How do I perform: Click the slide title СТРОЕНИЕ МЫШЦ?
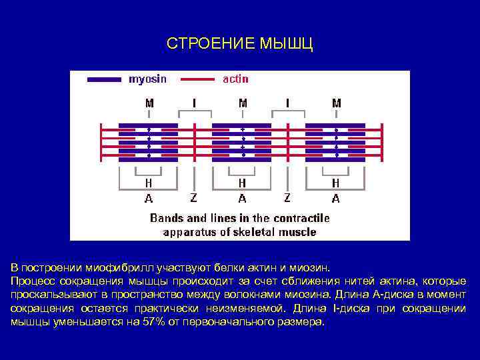coord(239,44)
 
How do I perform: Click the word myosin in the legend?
coord(147,79)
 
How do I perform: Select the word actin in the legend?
coord(235,79)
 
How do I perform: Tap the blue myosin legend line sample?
coord(105,79)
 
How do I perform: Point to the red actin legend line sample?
coord(197,79)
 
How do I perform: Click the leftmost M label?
coord(149,103)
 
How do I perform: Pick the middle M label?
coord(243,103)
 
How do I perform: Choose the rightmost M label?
coord(337,103)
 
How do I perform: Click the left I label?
coord(195,103)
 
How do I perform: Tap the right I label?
coord(288,103)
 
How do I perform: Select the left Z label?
coord(193,198)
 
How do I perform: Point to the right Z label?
coord(287,198)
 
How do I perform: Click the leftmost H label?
coord(149,183)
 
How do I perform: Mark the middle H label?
coord(242,183)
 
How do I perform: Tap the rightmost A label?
coord(335,198)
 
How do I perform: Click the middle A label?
coord(242,198)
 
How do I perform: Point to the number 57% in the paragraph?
coord(151,322)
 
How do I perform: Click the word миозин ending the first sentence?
coord(309,268)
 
